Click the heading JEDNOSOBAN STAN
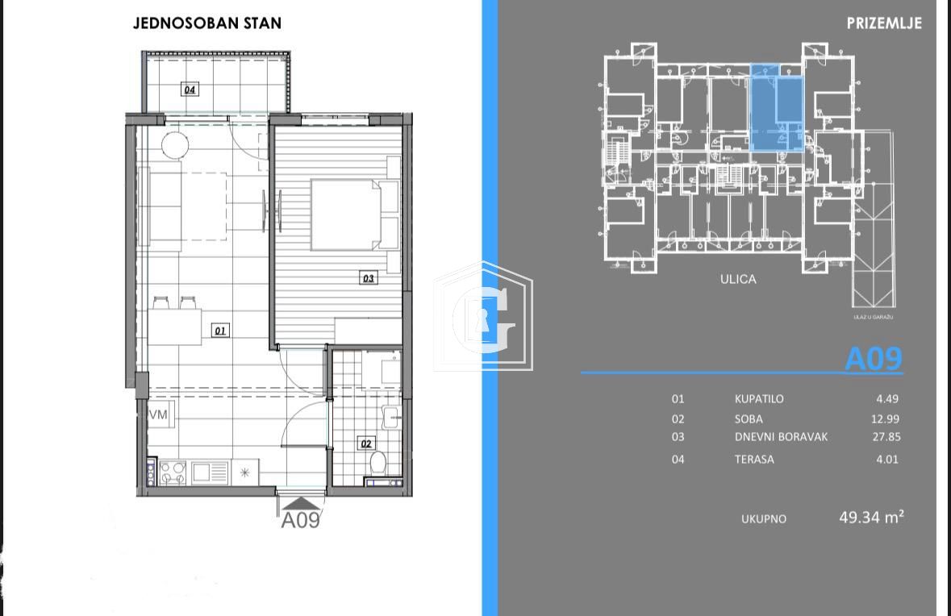(207, 23)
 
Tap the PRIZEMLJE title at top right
(884, 23)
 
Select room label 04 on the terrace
(190, 89)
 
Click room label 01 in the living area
(219, 330)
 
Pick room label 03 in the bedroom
(368, 278)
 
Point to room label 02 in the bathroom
(366, 443)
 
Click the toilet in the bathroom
(377, 464)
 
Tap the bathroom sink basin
(390, 417)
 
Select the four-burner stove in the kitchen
(173, 472)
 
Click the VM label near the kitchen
(158, 414)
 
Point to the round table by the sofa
(175, 145)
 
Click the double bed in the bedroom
(344, 214)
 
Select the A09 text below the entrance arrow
(300, 521)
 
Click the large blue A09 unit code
(873, 359)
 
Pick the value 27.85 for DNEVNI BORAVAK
(887, 437)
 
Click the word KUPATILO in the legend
(758, 399)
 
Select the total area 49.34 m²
(871, 518)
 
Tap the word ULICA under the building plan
(738, 280)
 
